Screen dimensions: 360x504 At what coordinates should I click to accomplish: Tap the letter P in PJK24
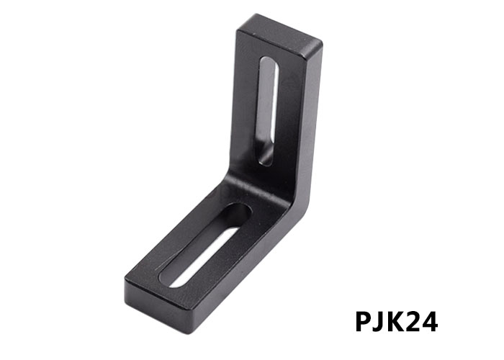click(365, 321)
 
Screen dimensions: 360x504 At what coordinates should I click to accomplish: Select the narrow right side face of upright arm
click(311, 122)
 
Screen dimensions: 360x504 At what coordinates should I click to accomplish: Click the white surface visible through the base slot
click(198, 259)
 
